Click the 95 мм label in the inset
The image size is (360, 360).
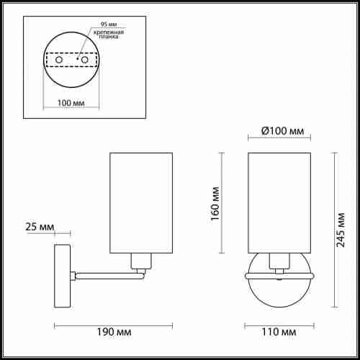pyautogui.click(x=109, y=24)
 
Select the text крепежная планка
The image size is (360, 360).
pyautogui.click(x=109, y=35)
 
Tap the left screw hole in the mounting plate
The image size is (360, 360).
pyautogui.click(x=59, y=60)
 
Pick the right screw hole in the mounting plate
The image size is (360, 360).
pyautogui.click(x=85, y=60)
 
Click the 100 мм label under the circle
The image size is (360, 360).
pyautogui.click(x=71, y=103)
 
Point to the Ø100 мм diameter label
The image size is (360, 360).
pyautogui.click(x=282, y=131)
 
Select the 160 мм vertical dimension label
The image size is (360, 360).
pyautogui.click(x=215, y=204)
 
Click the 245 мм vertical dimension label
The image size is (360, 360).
pyautogui.click(x=341, y=230)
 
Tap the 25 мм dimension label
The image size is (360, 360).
pyautogui.click(x=40, y=227)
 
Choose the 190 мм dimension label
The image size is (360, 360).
pyautogui.click(x=114, y=332)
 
